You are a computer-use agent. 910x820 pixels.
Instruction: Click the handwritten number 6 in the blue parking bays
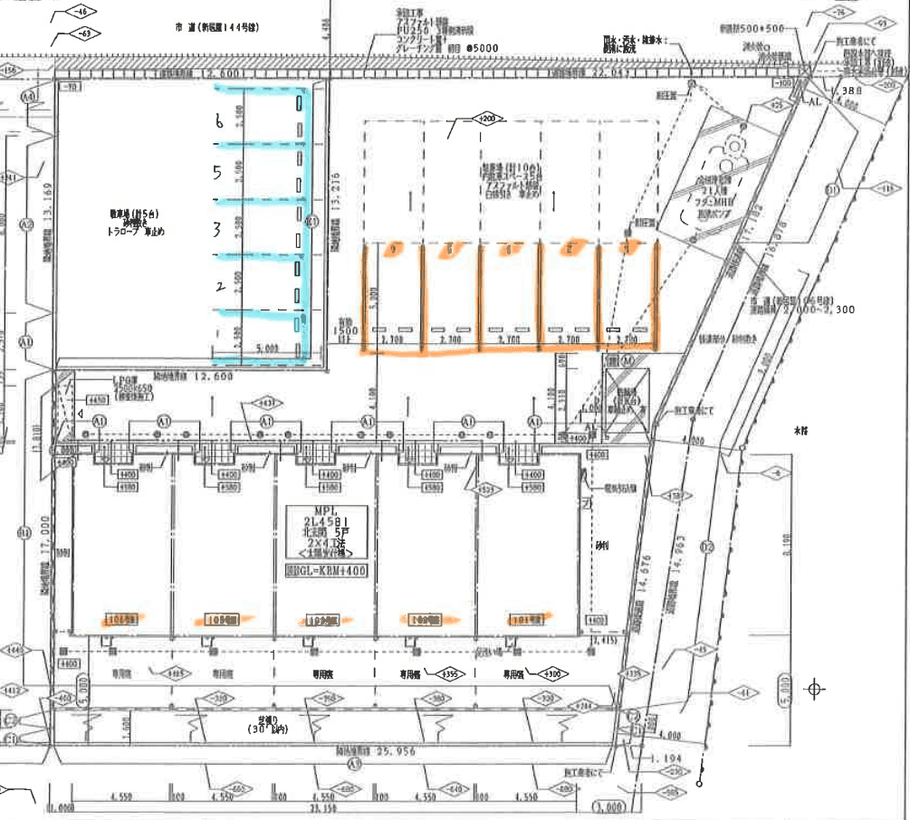(x=217, y=121)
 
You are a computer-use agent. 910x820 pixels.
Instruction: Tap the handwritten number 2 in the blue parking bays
(x=218, y=287)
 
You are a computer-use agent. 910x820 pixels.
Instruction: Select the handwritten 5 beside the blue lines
(x=217, y=174)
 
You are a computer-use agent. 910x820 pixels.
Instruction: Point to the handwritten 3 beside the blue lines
(x=217, y=230)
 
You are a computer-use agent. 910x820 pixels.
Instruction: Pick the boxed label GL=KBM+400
(x=327, y=571)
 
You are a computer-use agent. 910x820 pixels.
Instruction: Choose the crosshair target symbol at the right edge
(x=815, y=690)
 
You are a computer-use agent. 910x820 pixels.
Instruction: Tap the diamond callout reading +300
(x=551, y=674)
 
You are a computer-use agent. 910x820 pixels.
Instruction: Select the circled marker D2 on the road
(x=708, y=547)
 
